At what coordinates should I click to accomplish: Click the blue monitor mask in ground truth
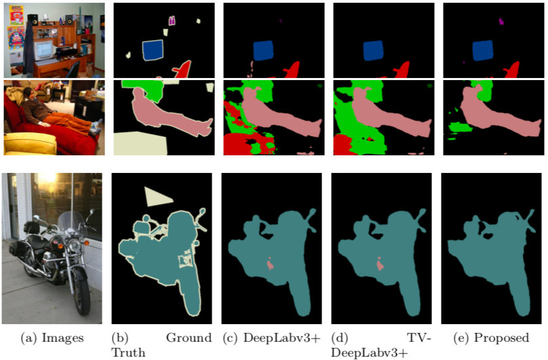coord(154,49)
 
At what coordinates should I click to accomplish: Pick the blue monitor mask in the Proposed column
coord(483,49)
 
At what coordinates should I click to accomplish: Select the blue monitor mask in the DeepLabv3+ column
coord(262,49)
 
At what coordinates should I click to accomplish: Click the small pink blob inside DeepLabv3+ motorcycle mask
coord(270,264)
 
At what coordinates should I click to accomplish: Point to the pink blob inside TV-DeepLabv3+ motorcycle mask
coord(380,264)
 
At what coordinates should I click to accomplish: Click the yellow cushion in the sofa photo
coord(28,143)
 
